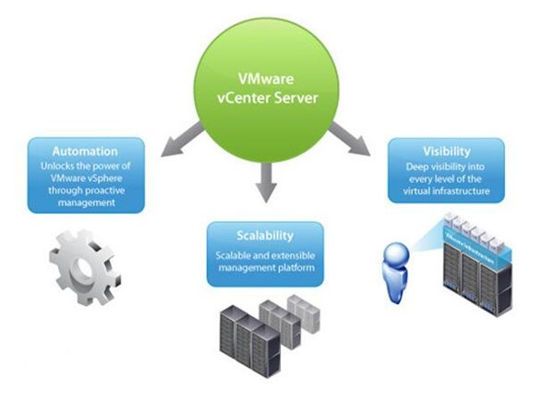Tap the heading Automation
click(84, 151)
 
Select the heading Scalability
click(264, 235)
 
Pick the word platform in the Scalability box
click(295, 268)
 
